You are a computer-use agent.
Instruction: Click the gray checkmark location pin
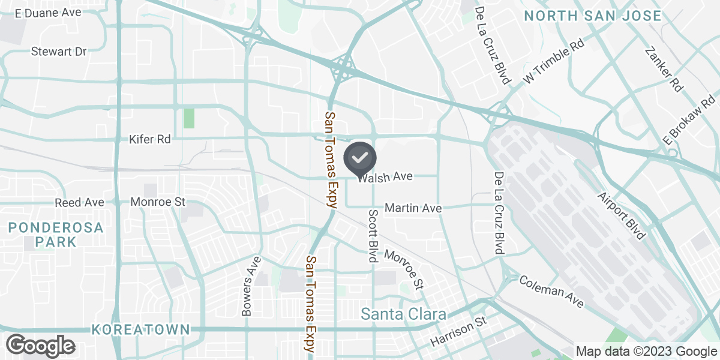click(x=360, y=158)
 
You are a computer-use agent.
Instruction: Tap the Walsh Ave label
click(x=385, y=177)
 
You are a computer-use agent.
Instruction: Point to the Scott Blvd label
click(x=373, y=236)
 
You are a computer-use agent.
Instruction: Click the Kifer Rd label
click(x=150, y=139)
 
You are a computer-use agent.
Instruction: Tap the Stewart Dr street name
click(x=59, y=52)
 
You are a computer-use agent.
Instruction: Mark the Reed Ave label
click(x=79, y=203)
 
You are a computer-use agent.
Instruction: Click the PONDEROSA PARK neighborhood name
click(x=56, y=235)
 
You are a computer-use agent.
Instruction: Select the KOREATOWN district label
click(x=142, y=329)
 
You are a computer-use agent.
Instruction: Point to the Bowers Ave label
click(x=251, y=286)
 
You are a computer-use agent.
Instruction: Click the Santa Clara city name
click(x=403, y=314)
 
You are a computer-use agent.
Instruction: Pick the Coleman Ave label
click(x=551, y=292)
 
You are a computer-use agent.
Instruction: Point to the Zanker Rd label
click(x=664, y=70)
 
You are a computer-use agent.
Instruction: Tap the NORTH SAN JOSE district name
click(x=592, y=16)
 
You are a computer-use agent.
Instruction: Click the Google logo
click(x=41, y=346)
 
